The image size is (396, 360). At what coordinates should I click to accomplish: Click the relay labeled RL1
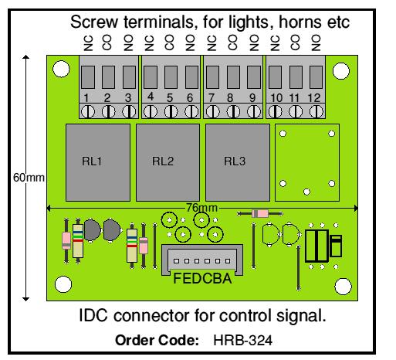pyautogui.click(x=98, y=162)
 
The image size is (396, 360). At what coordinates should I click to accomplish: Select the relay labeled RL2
pyautogui.click(x=168, y=162)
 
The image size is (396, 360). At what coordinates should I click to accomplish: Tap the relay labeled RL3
pyautogui.click(x=238, y=162)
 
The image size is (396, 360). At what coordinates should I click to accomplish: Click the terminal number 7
pyautogui.click(x=212, y=98)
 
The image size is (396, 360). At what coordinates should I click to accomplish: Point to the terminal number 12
pyautogui.click(x=314, y=98)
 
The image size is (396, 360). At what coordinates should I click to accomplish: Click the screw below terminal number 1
pyautogui.click(x=88, y=112)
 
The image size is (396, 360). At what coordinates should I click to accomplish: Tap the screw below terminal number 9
pyautogui.click(x=254, y=112)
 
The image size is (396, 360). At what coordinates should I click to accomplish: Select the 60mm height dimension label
pyautogui.click(x=29, y=178)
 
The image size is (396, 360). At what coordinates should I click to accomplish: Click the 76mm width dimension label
pyautogui.click(x=202, y=208)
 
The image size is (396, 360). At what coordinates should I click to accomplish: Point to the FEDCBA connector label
pyautogui.click(x=202, y=279)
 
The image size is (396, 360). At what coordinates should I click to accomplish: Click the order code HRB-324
pyautogui.click(x=242, y=341)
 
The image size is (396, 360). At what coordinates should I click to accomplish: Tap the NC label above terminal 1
pyautogui.click(x=88, y=43)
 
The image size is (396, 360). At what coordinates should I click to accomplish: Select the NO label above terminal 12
pyautogui.click(x=316, y=42)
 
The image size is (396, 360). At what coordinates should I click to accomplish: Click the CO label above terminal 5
pyautogui.click(x=169, y=42)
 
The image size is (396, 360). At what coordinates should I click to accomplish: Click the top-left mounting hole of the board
pyautogui.click(x=61, y=69)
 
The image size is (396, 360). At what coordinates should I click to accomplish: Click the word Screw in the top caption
pyautogui.click(x=94, y=22)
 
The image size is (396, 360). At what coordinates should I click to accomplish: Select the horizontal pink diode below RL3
pyautogui.click(x=260, y=213)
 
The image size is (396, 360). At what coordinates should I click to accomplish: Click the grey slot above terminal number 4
pyautogui.click(x=151, y=77)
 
